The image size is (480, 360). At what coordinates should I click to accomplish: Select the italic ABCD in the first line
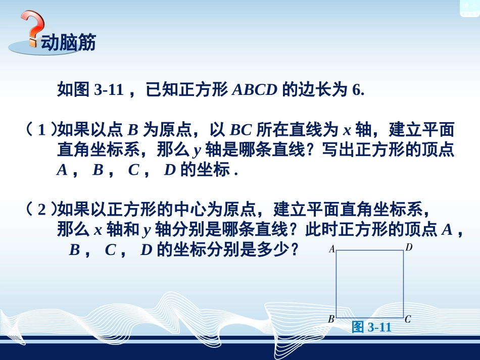click(x=255, y=90)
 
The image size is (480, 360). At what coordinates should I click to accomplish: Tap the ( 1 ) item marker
click(x=41, y=130)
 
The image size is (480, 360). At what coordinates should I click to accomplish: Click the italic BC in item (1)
click(x=241, y=130)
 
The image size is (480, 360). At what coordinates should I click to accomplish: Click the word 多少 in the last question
click(x=279, y=249)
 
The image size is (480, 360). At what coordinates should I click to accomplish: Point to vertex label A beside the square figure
click(x=332, y=249)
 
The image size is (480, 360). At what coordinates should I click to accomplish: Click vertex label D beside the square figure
click(x=409, y=248)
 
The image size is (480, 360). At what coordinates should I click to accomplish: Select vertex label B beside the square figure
click(x=331, y=319)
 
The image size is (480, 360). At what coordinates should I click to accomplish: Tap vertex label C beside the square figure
click(x=408, y=319)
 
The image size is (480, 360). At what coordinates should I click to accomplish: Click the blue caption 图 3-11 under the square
click(x=372, y=327)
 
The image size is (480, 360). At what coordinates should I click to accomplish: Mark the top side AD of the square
click(x=370, y=250)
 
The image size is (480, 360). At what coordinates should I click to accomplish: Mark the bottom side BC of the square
click(x=370, y=318)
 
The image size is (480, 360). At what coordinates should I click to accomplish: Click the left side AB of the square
click(x=337, y=284)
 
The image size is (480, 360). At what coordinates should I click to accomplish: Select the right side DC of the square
click(x=403, y=284)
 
